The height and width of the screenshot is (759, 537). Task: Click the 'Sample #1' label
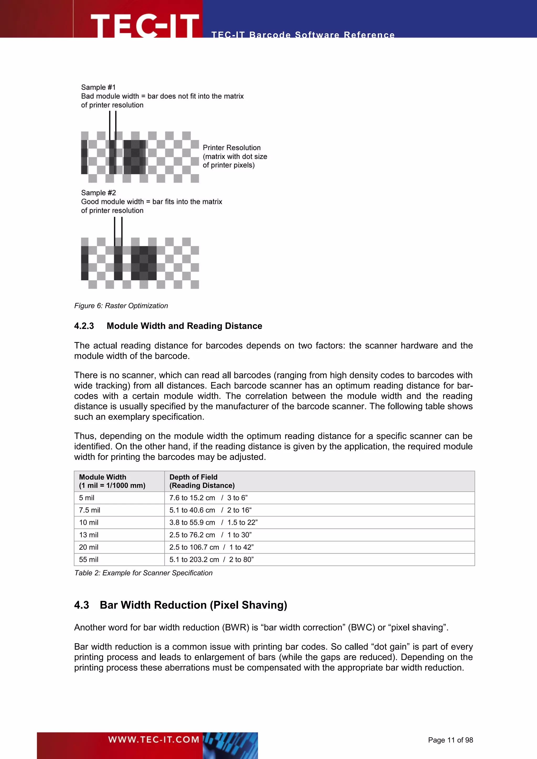98,87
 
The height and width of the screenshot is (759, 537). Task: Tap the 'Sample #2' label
98,193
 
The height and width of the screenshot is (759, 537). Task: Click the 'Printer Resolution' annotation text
232,148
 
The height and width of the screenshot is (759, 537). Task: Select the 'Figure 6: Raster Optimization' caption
121,306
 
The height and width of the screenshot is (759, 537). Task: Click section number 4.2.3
84,326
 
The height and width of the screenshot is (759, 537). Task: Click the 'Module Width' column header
103,477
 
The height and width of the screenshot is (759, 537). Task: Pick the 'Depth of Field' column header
194,477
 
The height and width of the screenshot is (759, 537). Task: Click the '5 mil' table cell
87,498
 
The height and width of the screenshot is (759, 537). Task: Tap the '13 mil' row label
89,535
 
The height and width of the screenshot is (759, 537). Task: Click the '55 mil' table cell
89,560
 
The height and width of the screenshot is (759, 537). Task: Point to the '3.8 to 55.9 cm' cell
192,523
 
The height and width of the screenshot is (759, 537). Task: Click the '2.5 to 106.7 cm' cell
194,547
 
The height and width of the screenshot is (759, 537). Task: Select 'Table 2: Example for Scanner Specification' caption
143,573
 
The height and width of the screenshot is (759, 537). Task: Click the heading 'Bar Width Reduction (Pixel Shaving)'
194,605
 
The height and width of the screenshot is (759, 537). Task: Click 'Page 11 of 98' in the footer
450,740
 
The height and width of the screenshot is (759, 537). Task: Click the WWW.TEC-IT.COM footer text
154,740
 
